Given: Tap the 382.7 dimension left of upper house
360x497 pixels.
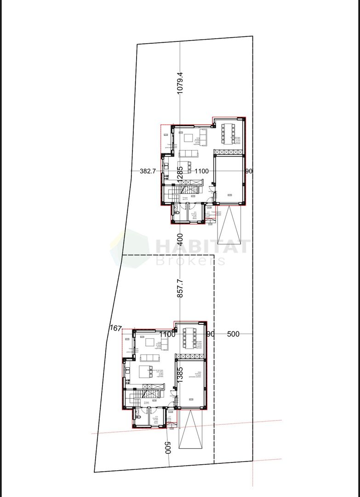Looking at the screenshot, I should (148, 171).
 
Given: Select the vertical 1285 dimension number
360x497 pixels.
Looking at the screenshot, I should (180, 172).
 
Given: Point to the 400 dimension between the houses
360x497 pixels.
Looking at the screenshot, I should (180, 239).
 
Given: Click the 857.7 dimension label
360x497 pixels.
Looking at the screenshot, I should (180, 288).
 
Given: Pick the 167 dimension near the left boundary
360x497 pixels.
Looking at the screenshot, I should (116, 329).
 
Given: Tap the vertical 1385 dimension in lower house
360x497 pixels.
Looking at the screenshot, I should (180, 375).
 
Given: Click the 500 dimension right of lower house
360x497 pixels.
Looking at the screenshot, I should (233, 334).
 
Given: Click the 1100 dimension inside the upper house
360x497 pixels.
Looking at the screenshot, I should (201, 171).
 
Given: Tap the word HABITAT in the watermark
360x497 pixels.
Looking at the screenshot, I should (203, 246).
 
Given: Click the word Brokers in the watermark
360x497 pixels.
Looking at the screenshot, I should (190, 261).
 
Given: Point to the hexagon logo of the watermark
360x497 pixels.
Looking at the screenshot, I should (130, 248).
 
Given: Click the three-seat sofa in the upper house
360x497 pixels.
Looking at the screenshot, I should (188, 153).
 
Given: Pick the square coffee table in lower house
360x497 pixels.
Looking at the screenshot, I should (150, 342).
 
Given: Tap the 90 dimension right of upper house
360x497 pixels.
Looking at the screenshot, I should (249, 171).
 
